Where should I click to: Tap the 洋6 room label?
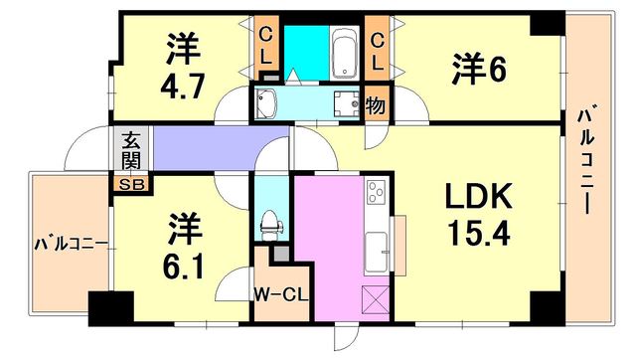[479, 69]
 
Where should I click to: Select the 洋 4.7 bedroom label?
[183, 66]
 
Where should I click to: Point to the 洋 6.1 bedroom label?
[184, 247]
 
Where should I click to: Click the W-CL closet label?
[281, 295]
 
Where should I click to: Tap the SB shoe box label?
[132, 185]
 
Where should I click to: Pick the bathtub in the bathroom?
[344, 53]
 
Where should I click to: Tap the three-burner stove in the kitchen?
[376, 192]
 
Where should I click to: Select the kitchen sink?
[377, 252]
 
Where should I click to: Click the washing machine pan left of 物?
[347, 103]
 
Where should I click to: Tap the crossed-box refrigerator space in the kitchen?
[377, 299]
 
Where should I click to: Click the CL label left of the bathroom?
[265, 47]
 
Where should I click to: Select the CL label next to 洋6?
[377, 52]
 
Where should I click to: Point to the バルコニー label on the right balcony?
[586, 159]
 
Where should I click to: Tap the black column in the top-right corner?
[548, 24]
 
